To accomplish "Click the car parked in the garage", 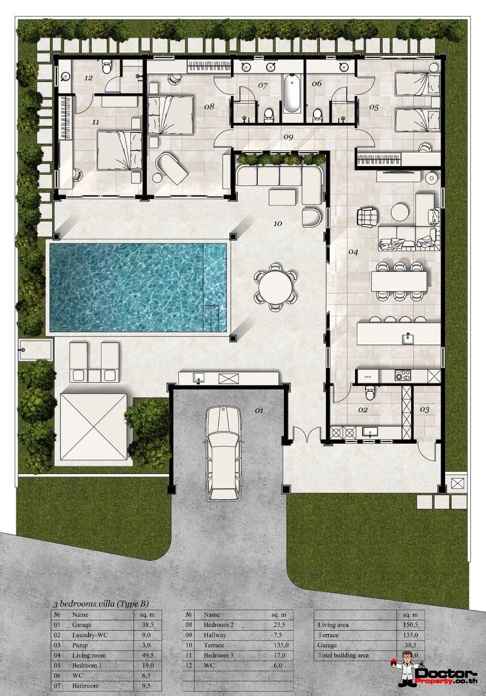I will coord(223,452).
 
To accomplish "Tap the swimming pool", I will coord(138,287).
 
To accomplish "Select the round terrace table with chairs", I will coord(275,287).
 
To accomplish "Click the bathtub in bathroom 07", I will coord(291,94).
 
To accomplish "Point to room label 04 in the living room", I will coord(353,252).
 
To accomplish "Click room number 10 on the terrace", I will coord(278,224).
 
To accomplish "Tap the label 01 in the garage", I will coord(259,410).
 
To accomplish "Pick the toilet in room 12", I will coord(106,67).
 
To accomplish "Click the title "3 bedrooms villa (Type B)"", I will coord(101,604).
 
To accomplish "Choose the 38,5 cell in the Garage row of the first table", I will coord(148,625).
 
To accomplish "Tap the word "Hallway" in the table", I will coord(215,635).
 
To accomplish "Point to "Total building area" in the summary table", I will coord(343,655).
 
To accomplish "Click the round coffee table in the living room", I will coord(399,212).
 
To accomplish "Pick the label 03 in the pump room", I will coord(425,410).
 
